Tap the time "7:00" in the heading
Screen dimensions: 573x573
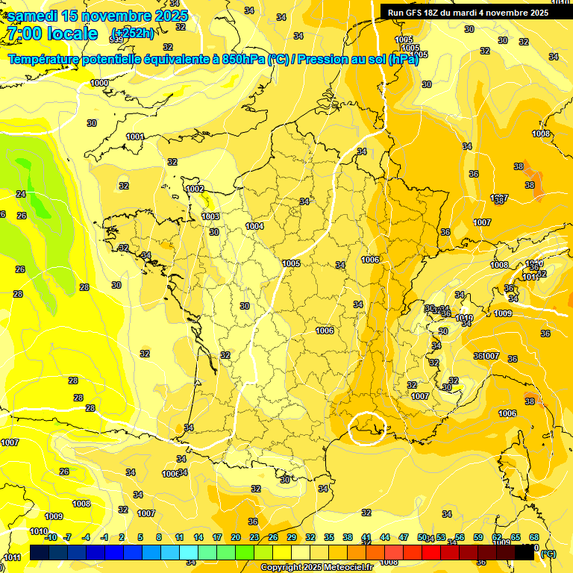23,34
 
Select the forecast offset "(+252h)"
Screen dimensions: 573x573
132,33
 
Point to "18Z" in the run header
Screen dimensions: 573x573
439,13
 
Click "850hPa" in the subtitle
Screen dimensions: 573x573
238,59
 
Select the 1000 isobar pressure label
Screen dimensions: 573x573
99,83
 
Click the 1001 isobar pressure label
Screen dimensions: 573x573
135,137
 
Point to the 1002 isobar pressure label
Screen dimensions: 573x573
195,189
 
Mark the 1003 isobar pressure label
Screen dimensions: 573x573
210,216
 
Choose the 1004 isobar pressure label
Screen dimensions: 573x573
254,226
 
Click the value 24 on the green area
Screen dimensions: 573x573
21,194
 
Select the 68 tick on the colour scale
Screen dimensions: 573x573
534,537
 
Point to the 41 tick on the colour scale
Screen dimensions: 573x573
366,537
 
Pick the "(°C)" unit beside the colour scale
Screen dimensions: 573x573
548,554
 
